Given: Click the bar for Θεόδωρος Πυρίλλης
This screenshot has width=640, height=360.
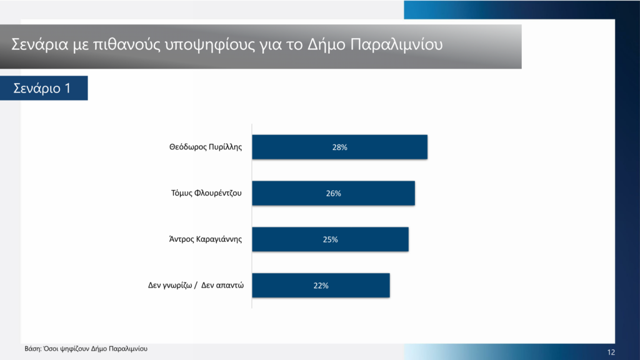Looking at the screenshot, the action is pos(339,147).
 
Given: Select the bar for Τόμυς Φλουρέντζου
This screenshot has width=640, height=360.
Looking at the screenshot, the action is pos(334,193).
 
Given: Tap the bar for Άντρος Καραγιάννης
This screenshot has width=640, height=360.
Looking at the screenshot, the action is pos(330,239).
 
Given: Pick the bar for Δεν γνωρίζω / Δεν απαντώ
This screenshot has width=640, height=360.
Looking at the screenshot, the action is pos(321,285).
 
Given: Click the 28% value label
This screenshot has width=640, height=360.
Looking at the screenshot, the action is pos(339,147).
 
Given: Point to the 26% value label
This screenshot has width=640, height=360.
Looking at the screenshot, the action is pos(334,194).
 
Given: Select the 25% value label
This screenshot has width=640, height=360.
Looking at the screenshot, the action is pos(330,239).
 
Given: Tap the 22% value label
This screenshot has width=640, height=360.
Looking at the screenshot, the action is pos(321,286).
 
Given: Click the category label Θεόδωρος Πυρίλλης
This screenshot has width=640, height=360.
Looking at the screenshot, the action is pos(206,147).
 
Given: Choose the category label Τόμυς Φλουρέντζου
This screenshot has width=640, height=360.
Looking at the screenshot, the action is pos(206,193).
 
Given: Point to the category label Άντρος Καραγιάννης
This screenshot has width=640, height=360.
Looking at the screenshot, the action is pos(205,239).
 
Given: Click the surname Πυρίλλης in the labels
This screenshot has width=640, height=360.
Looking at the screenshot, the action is pos(225,147).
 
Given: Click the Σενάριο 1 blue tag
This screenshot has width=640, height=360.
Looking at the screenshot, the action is pos(44,87).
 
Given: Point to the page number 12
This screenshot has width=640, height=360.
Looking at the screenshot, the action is pos(611,352).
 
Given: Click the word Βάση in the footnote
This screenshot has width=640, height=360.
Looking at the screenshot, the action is pos(33,349).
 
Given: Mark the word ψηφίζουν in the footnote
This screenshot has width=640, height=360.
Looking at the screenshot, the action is pos(74,349).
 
